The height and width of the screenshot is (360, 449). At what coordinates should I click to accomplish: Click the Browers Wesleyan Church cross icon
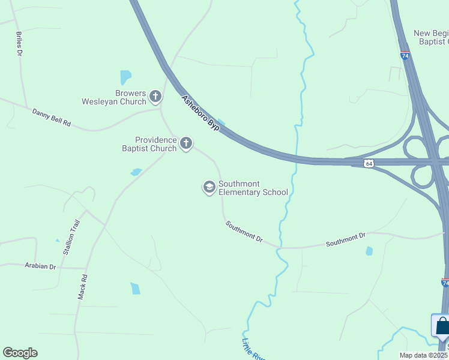click(155, 97)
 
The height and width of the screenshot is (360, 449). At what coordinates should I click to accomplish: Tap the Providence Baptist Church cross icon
click(186, 143)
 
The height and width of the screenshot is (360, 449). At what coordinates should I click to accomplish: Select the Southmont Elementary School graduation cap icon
click(209, 187)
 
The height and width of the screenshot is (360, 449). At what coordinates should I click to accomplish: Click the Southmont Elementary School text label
click(253, 188)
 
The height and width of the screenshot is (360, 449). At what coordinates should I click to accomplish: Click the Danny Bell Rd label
click(52, 117)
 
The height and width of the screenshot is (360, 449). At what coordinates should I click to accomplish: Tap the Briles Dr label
click(19, 44)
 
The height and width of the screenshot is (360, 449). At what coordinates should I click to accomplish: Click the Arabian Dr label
click(40, 266)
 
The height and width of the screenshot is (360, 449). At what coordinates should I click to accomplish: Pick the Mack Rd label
click(83, 287)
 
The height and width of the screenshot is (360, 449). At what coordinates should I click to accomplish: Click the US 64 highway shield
click(369, 163)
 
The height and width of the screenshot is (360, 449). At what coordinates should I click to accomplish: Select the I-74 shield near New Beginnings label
click(405, 55)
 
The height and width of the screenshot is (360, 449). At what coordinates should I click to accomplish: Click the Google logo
click(20, 353)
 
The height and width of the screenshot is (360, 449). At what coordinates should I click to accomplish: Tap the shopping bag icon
click(442, 326)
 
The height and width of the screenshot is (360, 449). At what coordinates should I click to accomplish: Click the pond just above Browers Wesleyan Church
click(125, 77)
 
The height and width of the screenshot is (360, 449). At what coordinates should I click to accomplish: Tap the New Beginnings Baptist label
click(431, 37)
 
